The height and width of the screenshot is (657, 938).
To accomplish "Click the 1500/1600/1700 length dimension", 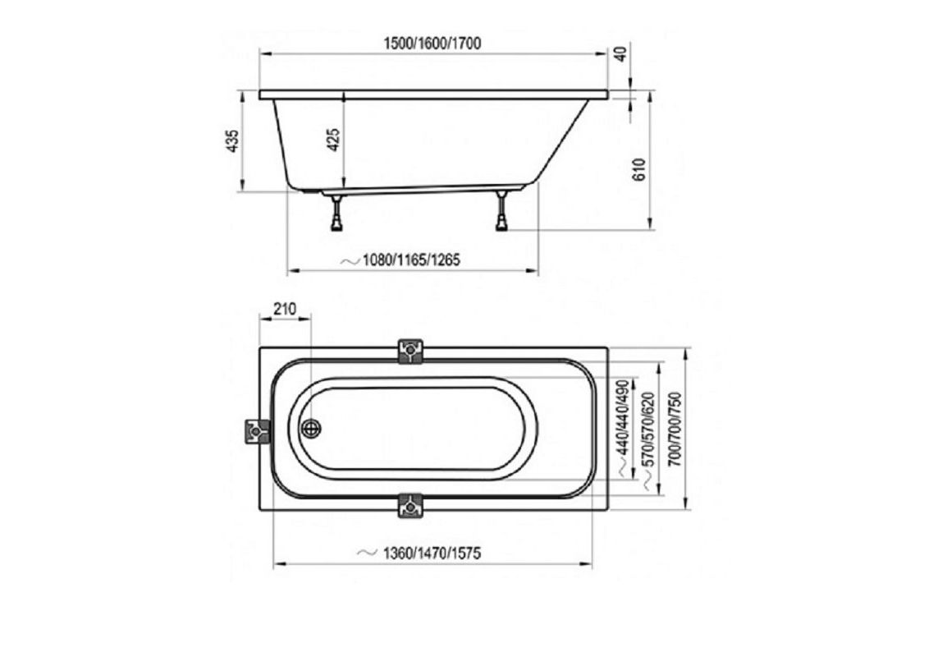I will coord(432,44).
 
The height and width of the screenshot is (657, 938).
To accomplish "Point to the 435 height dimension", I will coord(233,141).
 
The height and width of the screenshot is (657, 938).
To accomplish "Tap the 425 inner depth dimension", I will coord(333,141).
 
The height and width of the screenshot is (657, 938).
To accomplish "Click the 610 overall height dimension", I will coord(641,168).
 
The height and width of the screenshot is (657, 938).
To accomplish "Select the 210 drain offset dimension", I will coord(284,310).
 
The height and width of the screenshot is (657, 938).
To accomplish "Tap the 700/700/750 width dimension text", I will coord(674,430).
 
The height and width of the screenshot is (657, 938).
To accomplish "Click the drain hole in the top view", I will coord(311,429).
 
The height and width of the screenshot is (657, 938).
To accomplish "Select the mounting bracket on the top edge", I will coord(410,351).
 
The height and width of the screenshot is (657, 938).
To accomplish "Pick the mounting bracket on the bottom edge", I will coord(410,506).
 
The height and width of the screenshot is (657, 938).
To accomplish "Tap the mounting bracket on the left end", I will coord(258,430).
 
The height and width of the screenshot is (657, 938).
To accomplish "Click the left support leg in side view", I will coord(336,215).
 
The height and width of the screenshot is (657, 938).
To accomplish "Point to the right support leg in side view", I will coord(501,215).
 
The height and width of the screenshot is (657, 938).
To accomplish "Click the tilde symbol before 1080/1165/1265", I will coord(350,260).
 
